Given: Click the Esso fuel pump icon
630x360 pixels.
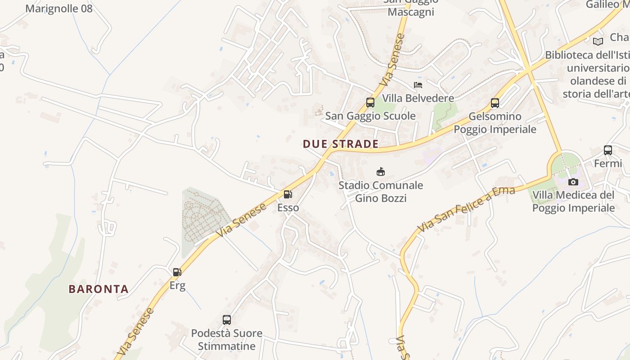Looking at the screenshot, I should tap(288, 194).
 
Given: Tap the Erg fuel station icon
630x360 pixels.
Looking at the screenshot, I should tap(177, 272).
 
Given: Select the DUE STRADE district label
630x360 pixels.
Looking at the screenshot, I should tap(340, 144).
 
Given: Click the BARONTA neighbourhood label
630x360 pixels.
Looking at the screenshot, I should tap(99, 289).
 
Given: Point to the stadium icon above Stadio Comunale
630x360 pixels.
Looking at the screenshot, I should tap(381, 171).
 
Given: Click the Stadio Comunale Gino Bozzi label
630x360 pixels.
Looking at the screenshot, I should tap(381, 191).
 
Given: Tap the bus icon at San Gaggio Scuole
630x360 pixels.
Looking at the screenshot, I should tap(370, 103).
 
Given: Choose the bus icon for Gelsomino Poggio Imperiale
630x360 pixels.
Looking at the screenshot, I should tap(495, 103).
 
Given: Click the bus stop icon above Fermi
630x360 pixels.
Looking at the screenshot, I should tap(608, 150).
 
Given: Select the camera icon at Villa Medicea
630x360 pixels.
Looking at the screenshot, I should tap(573, 182).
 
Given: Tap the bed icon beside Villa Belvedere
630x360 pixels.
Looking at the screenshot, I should tap(418, 85).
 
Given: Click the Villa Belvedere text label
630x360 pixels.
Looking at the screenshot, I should tap(418, 98).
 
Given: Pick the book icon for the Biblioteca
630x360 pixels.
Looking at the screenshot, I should tap(598, 41).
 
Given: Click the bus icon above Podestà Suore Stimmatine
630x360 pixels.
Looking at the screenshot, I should tap(227, 320).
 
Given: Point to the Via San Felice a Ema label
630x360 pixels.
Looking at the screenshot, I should tap(466, 209).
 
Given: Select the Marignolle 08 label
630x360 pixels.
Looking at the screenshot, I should tap(59, 8).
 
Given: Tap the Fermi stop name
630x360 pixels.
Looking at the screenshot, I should tap(608, 163).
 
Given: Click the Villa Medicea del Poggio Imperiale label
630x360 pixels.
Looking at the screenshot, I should tap(573, 201).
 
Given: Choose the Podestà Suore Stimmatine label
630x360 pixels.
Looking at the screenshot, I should tap(227, 340).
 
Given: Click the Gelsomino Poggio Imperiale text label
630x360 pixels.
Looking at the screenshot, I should tap(495, 123).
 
